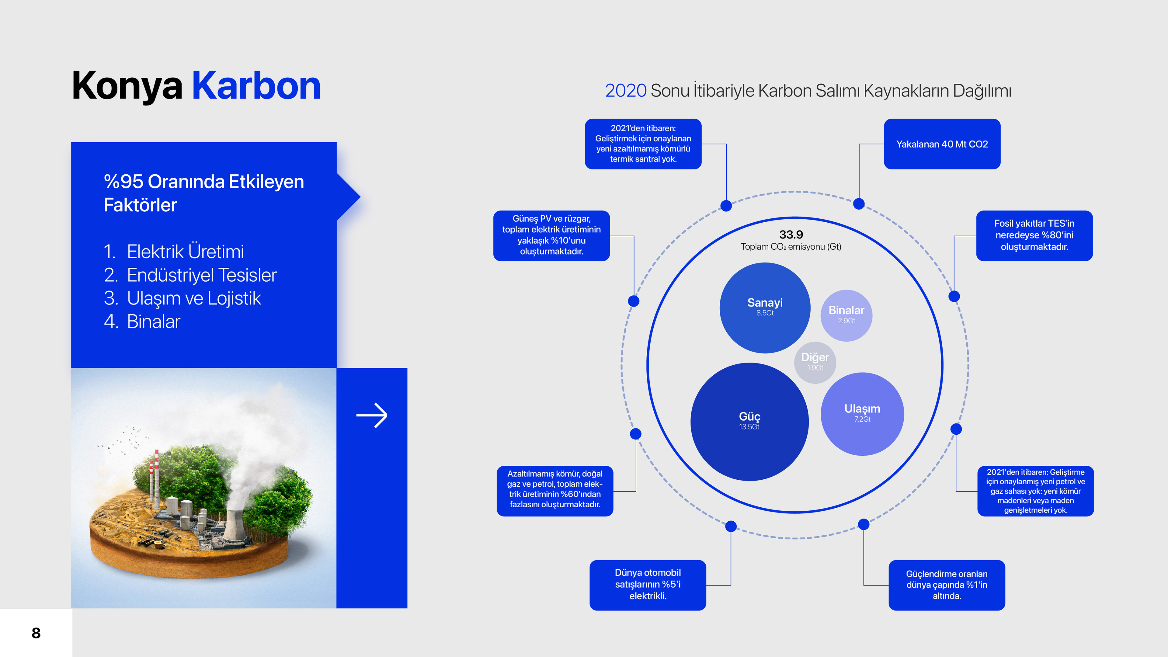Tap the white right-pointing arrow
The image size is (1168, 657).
pos(371,415)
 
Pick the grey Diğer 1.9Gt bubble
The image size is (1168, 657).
pos(815,362)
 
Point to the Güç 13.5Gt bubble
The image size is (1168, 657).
pos(749,421)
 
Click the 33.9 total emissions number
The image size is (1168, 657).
pos(791,235)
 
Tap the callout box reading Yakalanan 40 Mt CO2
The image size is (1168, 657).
pos(942,144)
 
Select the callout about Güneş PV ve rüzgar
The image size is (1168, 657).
pos(551,235)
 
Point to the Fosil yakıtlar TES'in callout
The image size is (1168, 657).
pos(1034,235)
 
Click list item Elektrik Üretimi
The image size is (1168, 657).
pos(185,252)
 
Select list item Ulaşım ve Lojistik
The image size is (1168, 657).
pos(194,298)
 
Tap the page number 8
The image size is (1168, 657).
pos(36,633)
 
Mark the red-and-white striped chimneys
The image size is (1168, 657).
pos(154,476)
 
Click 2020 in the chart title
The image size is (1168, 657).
pos(625,91)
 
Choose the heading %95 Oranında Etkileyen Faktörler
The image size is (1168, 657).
pos(203,193)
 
